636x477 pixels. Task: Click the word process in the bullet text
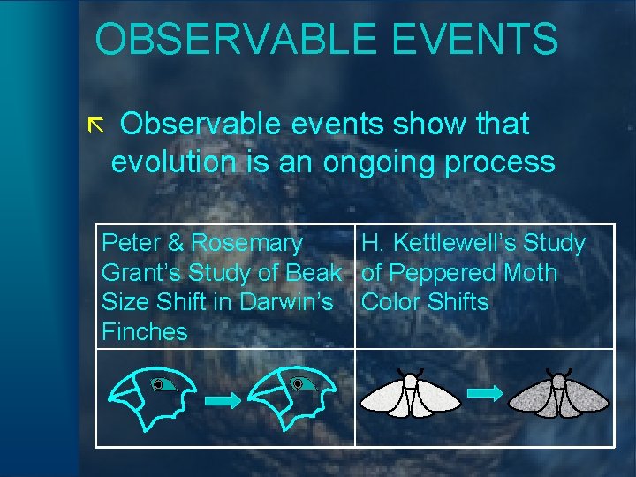pos(504,163)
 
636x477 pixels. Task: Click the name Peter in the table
pos(130,243)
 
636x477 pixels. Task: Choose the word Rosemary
pos(246,243)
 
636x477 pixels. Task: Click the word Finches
pos(145,332)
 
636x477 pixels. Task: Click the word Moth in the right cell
pos(530,273)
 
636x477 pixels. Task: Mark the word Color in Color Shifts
pos(391,302)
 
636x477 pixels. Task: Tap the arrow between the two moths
pos(484,394)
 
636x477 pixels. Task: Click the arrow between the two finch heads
pos(222,400)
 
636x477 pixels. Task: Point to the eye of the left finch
pos(158,384)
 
